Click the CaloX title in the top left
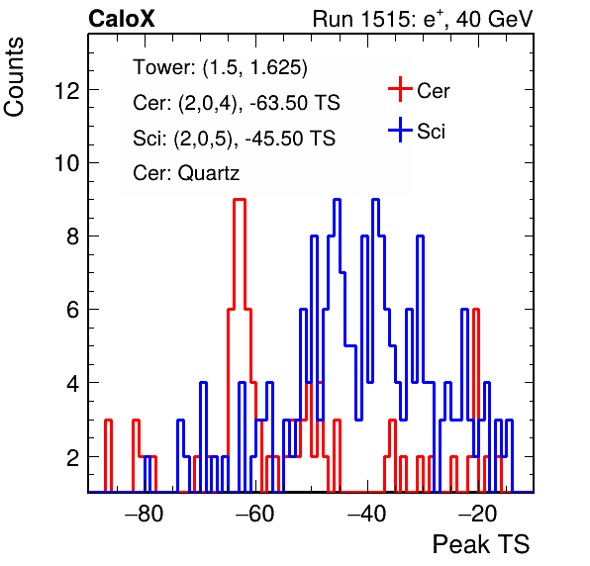[x=122, y=19]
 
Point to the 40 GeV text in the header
[x=495, y=19]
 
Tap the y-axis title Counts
[x=14, y=77]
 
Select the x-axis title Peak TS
[x=481, y=544]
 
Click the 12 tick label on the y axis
[x=67, y=91]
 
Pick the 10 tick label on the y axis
[x=67, y=163]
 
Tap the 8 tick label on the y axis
[x=73, y=236]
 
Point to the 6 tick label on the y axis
[x=73, y=311]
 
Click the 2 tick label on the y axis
[x=73, y=457]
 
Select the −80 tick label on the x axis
[x=145, y=514]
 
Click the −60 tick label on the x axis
[x=254, y=514]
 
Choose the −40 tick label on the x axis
[x=366, y=514]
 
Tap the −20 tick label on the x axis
[x=478, y=514]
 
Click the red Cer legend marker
[x=400, y=89]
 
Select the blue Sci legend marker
[x=400, y=131]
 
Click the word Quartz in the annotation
[x=209, y=174]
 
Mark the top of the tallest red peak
[x=240, y=200]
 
